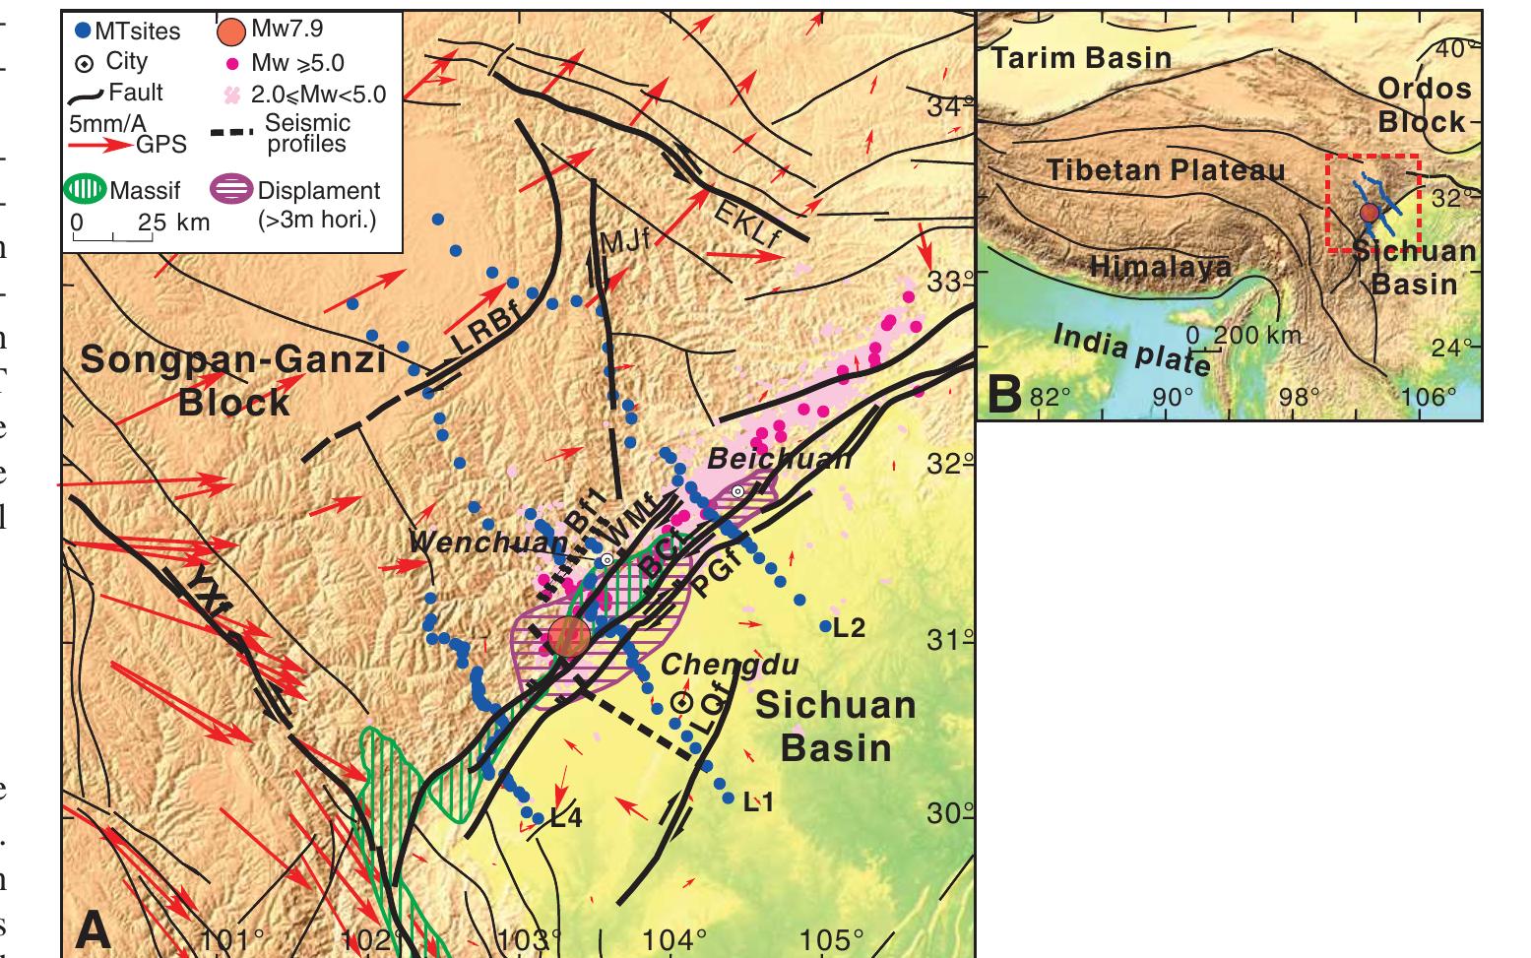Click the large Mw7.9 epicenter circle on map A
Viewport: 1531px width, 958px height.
pyautogui.click(x=568, y=636)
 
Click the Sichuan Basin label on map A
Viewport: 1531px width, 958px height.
pyautogui.click(x=836, y=726)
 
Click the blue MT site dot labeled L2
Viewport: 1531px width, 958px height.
pyautogui.click(x=826, y=626)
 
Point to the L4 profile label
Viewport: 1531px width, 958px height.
pyautogui.click(x=565, y=816)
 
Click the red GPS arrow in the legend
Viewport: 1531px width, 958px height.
pyautogui.click(x=101, y=145)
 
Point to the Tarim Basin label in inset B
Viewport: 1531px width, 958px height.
pyautogui.click(x=1081, y=58)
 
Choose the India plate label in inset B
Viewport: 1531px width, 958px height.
pyautogui.click(x=1132, y=350)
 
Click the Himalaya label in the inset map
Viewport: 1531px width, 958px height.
pyautogui.click(x=1160, y=267)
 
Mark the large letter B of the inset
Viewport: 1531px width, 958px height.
pyautogui.click(x=1003, y=394)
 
